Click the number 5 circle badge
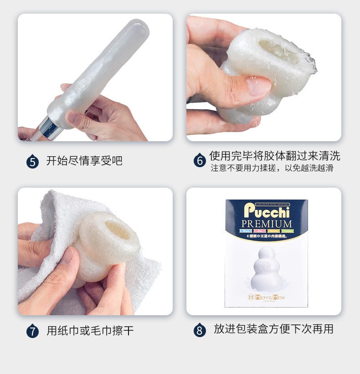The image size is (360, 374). click(32, 161)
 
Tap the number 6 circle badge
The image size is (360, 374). click(200, 161)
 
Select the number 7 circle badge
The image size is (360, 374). click(32, 330)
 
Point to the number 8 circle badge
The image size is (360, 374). click(200, 330)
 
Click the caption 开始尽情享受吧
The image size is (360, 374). click(84, 161)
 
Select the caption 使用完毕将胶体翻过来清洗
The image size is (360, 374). click(274, 156)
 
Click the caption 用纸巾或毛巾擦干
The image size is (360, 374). click(90, 330)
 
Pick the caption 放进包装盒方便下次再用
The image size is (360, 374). click(273, 329)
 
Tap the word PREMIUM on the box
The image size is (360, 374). click(267, 224)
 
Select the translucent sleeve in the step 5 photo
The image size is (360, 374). click(100, 73)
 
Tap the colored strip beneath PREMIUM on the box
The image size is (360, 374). click(266, 232)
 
